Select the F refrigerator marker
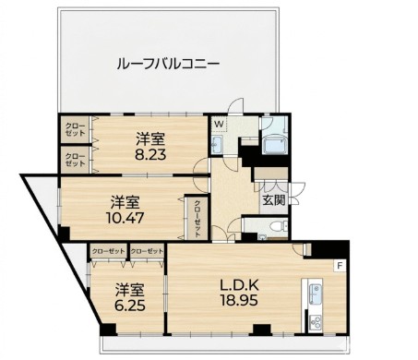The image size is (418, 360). (339, 266)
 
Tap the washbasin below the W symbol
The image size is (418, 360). (218, 145)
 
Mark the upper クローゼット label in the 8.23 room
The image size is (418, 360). (75, 129)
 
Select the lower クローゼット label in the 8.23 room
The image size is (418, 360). (75, 159)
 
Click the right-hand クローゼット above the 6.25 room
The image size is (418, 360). (147, 250)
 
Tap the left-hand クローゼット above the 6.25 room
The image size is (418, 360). (108, 250)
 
